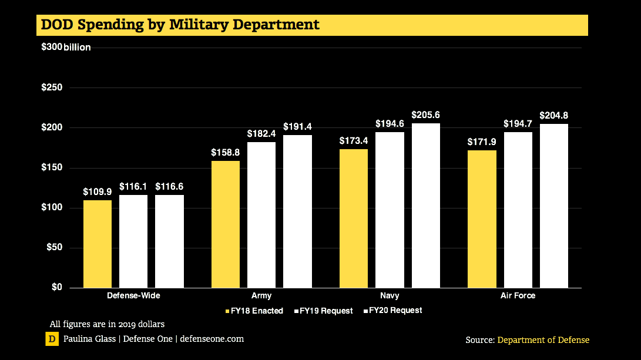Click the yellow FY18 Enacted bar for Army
tap(226, 224)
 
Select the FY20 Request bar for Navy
tap(425, 205)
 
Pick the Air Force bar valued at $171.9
tap(482, 218)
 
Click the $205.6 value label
tap(425, 115)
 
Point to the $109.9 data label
tap(98, 191)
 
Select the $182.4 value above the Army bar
tap(261, 134)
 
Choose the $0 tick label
tap(58, 287)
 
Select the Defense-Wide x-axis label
tap(133, 296)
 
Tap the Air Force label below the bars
tap(518, 296)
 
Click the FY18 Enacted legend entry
tap(254, 311)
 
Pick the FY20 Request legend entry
tap(392, 310)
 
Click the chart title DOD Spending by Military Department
tap(180, 25)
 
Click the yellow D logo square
tap(52, 339)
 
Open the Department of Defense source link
tap(543, 340)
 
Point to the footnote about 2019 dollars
tap(107, 324)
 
